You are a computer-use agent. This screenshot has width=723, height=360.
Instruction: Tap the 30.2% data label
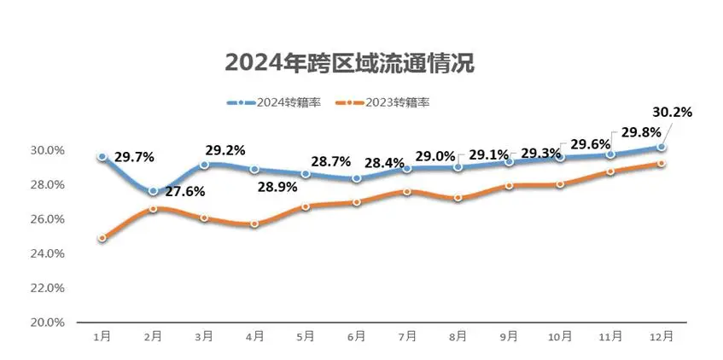pyautogui.click(x=671, y=112)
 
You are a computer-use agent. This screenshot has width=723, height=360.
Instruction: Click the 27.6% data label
pyautogui.click(x=185, y=192)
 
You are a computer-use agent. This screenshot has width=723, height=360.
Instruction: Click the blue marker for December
pyautogui.click(x=662, y=148)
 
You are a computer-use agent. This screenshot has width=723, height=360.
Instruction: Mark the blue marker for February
pyautogui.click(x=153, y=191)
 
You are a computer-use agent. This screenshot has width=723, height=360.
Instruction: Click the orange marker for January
pyautogui.click(x=102, y=238)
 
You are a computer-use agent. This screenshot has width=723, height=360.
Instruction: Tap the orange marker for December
pyautogui.click(x=662, y=164)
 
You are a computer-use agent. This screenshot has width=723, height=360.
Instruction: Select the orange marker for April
pyautogui.click(x=254, y=224)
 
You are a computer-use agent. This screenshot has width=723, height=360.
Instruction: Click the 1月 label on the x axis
pyautogui.click(x=102, y=337)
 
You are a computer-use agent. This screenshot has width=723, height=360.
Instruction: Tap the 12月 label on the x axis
pyautogui.click(x=662, y=337)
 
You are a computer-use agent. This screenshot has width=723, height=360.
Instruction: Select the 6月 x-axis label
pyautogui.click(x=357, y=337)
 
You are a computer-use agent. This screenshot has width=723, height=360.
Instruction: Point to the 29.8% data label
pyautogui.click(x=638, y=132)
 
